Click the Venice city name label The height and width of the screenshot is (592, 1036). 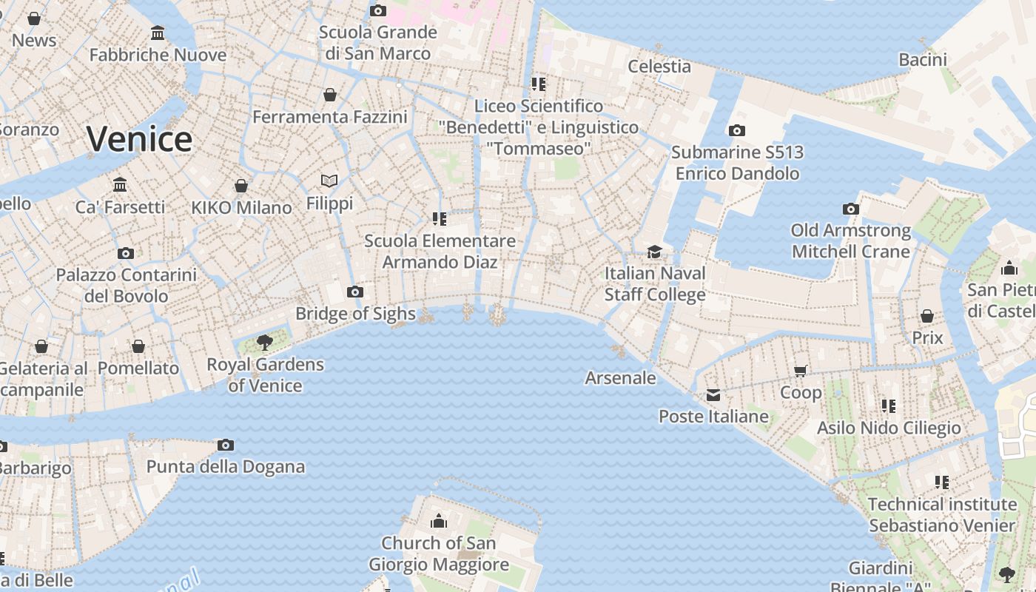139,139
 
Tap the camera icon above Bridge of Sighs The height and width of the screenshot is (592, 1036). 355,292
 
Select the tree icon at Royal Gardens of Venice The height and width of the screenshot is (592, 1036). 264,342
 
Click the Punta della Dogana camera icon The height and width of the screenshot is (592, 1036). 226,445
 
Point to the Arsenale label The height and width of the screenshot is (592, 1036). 620,378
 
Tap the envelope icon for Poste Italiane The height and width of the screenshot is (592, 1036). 713,395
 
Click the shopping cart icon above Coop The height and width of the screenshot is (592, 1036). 800,371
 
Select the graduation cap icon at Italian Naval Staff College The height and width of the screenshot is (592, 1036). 654,252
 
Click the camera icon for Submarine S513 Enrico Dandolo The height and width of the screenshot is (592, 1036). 736,131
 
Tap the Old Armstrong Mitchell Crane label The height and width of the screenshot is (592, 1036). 850,241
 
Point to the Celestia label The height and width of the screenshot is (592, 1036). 659,66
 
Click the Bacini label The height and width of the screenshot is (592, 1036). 923,60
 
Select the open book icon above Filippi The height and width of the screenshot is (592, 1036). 329,181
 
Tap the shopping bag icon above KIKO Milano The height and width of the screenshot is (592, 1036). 241,186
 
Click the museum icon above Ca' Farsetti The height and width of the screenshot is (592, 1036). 120,184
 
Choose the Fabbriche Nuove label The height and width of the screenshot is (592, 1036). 158,55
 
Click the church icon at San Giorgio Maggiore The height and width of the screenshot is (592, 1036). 439,521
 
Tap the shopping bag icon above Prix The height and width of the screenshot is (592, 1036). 926,316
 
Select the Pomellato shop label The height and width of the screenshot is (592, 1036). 138,368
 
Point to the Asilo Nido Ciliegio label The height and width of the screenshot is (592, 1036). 888,428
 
